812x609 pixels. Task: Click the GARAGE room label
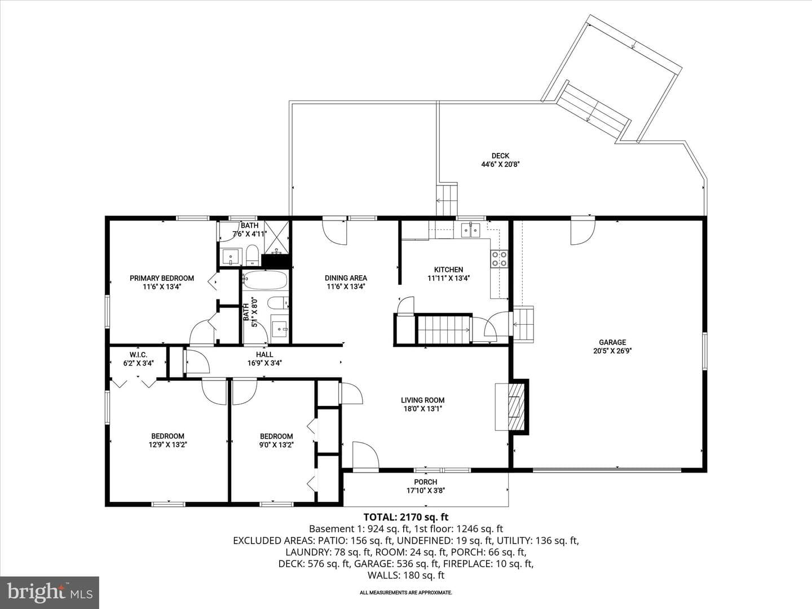(612, 342)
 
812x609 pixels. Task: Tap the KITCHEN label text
(448, 270)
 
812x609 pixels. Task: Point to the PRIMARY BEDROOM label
(162, 278)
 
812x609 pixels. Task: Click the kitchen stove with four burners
(499, 259)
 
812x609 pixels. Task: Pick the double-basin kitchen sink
(470, 230)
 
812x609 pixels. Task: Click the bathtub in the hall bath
(265, 280)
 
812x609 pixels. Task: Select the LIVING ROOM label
(422, 400)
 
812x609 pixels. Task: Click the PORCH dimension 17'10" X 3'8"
(425, 491)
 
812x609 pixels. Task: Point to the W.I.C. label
(138, 355)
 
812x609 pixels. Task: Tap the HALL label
(264, 355)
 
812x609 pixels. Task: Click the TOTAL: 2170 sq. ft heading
(406, 517)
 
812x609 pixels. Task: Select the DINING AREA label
(346, 277)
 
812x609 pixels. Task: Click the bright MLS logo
(50, 593)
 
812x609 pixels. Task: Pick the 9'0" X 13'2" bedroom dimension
(276, 445)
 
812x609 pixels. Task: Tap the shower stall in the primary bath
(276, 238)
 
